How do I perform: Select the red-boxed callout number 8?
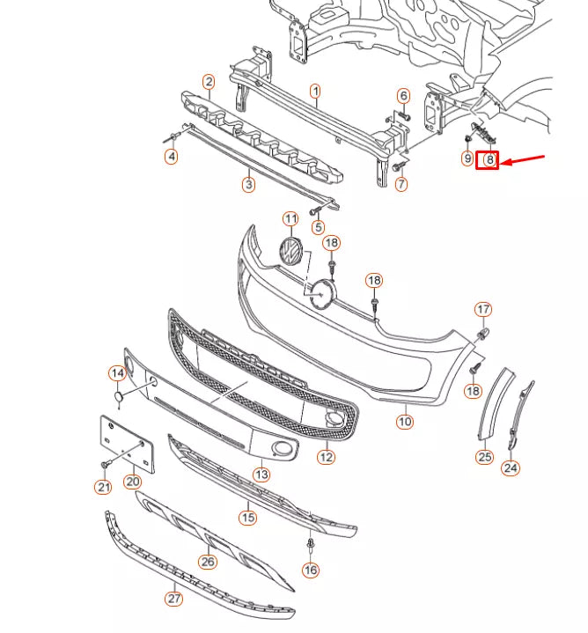pos(488,159)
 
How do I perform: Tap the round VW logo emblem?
pos(290,252)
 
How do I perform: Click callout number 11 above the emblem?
pos(290,218)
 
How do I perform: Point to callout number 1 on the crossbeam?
pos(315,91)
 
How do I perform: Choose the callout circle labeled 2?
pos(209,82)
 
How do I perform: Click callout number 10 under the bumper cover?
pos(404,422)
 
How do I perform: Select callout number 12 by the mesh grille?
pos(327,457)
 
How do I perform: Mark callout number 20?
pos(132,482)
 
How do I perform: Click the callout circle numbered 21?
pos(103,487)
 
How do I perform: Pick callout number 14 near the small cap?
pos(117,373)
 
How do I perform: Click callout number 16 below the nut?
pos(310,570)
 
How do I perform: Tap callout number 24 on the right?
pos(511,467)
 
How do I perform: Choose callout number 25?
pos(485,456)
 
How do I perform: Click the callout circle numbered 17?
pos(483,309)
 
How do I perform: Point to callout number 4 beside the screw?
pos(172,157)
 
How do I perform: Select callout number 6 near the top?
pos(403,95)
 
